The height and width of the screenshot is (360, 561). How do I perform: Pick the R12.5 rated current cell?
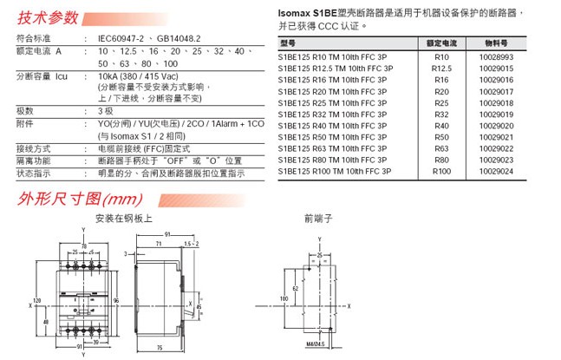[x=442, y=69]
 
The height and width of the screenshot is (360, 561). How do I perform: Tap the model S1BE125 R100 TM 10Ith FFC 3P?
[x=336, y=172]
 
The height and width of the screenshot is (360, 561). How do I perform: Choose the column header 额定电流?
[x=442, y=43]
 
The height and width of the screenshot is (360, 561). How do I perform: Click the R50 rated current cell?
[x=442, y=137]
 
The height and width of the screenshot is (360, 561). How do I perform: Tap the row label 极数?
[x=25, y=111]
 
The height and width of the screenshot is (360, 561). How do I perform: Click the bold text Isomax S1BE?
[x=310, y=14]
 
